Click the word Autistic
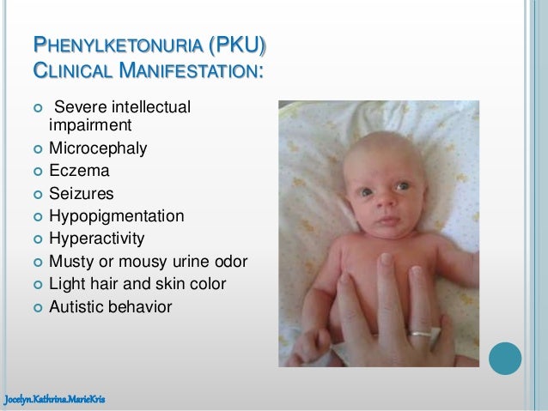tap(82, 305)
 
